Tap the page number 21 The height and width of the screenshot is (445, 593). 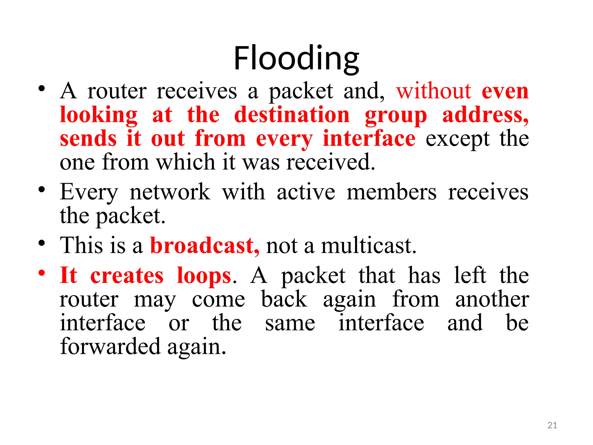(552, 425)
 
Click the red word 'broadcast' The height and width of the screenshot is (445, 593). (204, 245)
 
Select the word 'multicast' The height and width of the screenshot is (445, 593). (368, 245)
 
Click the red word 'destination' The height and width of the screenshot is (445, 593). (292, 115)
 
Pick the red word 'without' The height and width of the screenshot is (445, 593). (434, 91)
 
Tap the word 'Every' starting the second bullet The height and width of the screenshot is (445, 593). (89, 192)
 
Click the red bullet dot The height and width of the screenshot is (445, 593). (42, 273)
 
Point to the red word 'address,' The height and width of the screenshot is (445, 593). (485, 115)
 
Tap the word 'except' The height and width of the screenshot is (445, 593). (457, 139)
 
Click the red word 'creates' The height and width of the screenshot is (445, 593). (127, 276)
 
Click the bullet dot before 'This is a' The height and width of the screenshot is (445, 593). (42, 243)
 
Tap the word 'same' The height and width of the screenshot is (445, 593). (290, 323)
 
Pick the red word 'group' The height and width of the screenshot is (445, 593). (396, 115)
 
